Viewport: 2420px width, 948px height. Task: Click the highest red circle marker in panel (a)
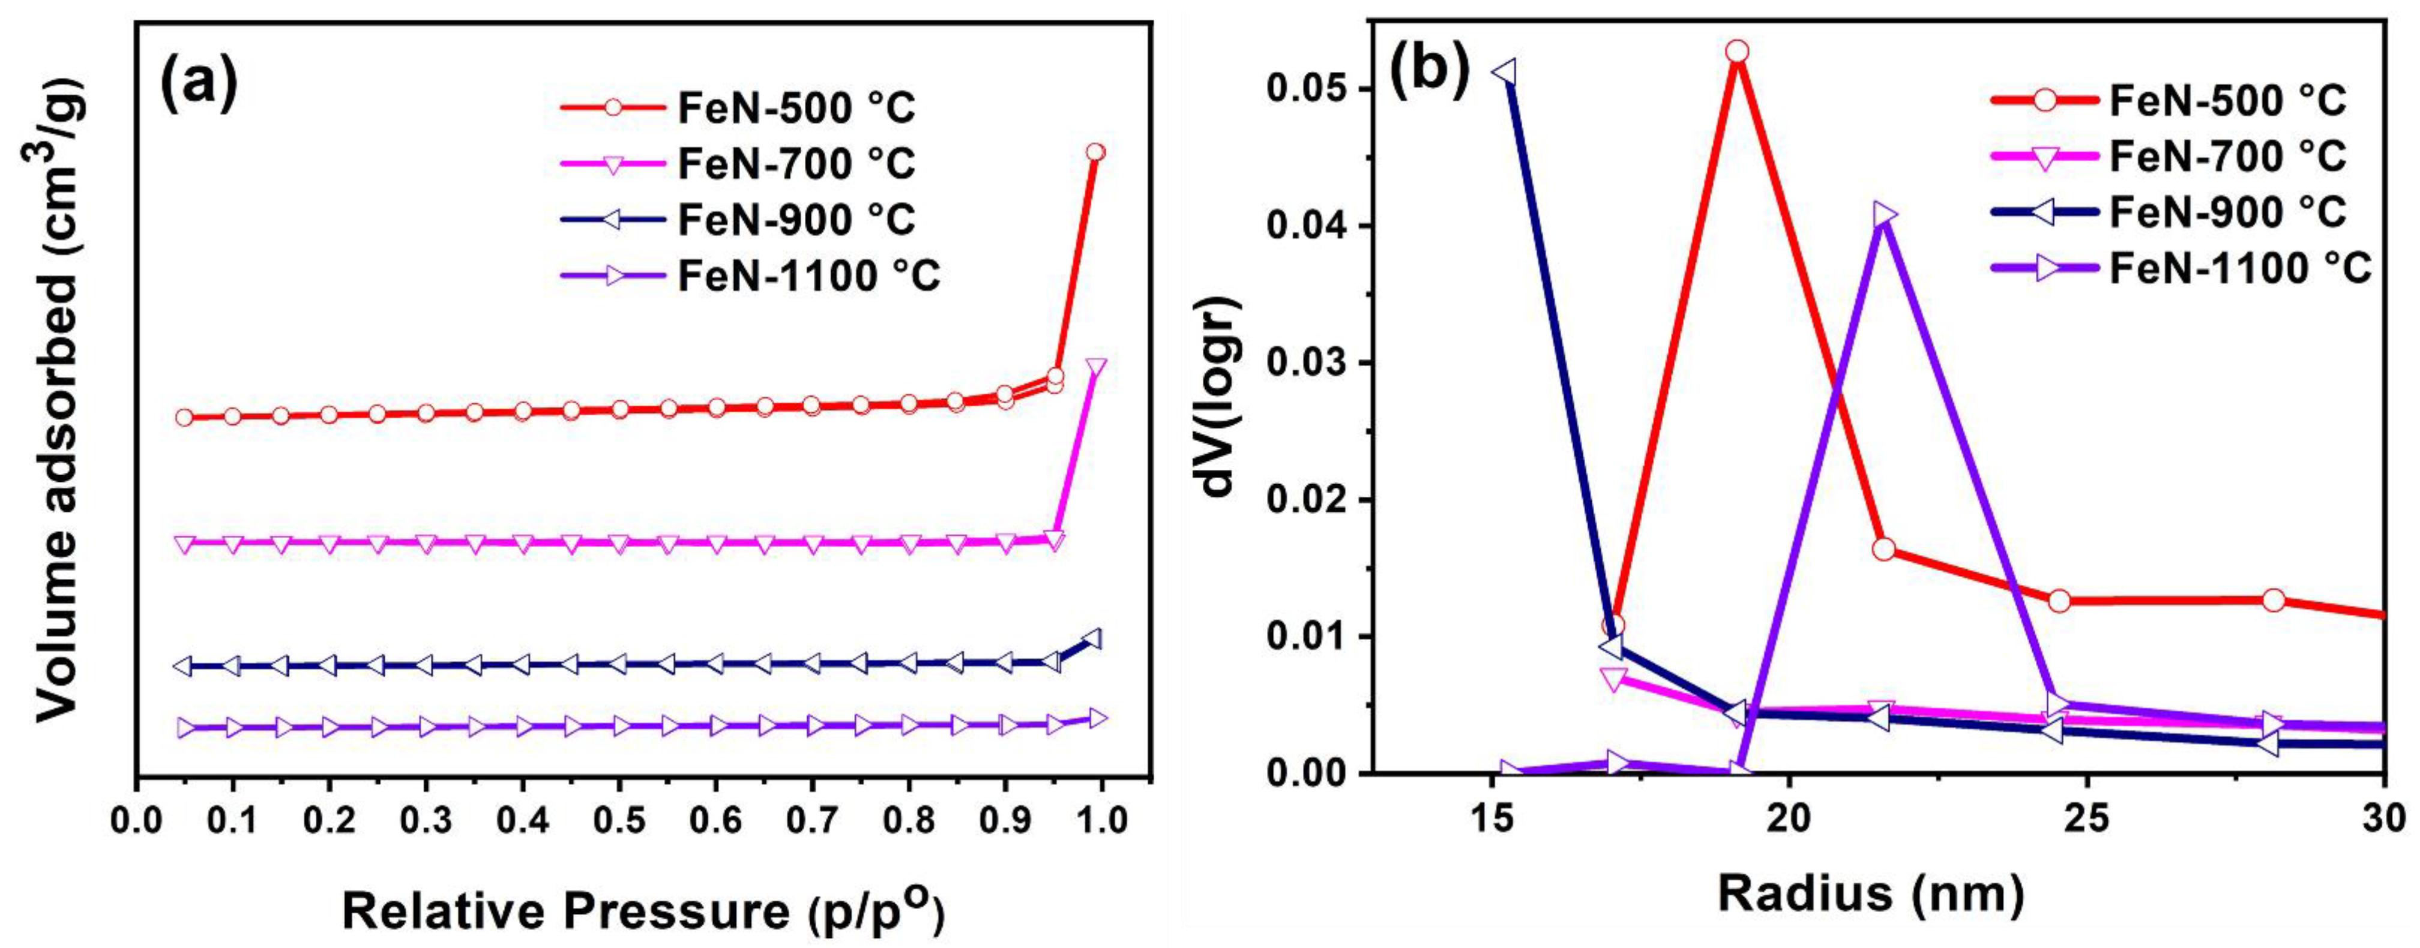[x=1094, y=152]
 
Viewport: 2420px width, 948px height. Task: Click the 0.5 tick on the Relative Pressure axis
[x=620, y=819]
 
